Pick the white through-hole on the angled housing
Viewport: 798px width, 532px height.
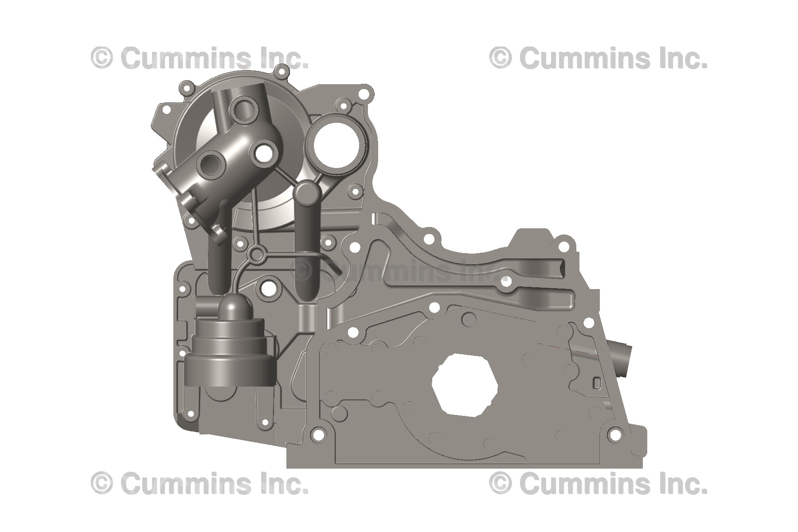[x=265, y=153]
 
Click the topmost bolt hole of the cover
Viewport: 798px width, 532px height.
[x=280, y=70]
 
